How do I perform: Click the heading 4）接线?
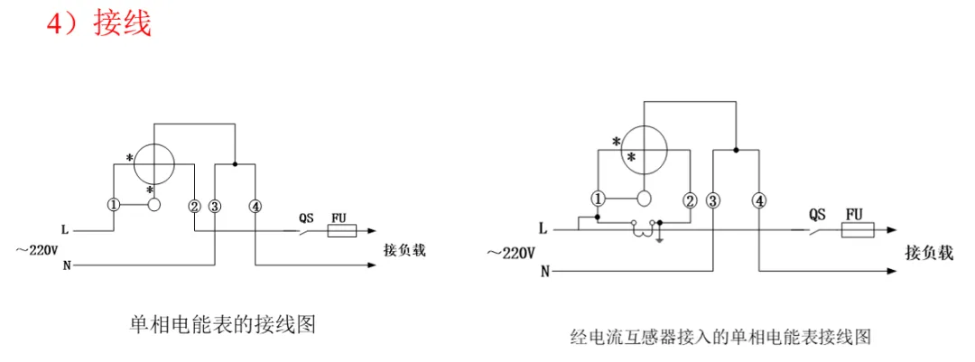tap(98, 23)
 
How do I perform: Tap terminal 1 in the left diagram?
tap(113, 206)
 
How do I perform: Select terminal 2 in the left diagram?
tap(194, 206)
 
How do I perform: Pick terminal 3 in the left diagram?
tap(215, 206)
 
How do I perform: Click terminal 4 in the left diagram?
tap(256, 206)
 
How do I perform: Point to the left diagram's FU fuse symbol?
tap(339, 232)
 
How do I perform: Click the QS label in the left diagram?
tap(307, 218)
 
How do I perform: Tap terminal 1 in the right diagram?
tap(597, 199)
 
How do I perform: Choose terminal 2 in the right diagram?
tap(691, 200)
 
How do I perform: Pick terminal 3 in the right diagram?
tap(713, 200)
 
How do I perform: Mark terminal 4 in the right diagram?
tap(759, 200)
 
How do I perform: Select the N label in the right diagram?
tap(544, 270)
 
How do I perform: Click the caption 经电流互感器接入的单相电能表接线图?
tap(720, 338)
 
